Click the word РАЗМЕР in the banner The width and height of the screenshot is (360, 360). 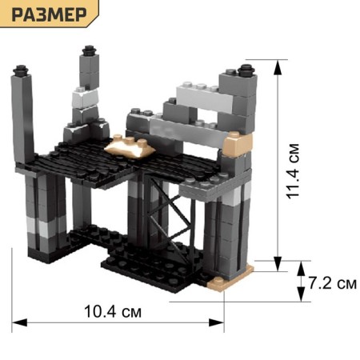50,14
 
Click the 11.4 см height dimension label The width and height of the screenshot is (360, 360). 293,171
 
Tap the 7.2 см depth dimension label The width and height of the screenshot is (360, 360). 333,283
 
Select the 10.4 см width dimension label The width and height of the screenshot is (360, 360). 113,311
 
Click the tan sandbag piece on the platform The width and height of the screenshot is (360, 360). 130,146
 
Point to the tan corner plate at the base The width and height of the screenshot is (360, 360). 230,278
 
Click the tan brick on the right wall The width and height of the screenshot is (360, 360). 237,143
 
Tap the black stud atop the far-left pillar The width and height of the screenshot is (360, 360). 21,70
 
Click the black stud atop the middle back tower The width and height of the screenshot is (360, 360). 90,50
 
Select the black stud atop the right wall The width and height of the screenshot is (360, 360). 246,70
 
